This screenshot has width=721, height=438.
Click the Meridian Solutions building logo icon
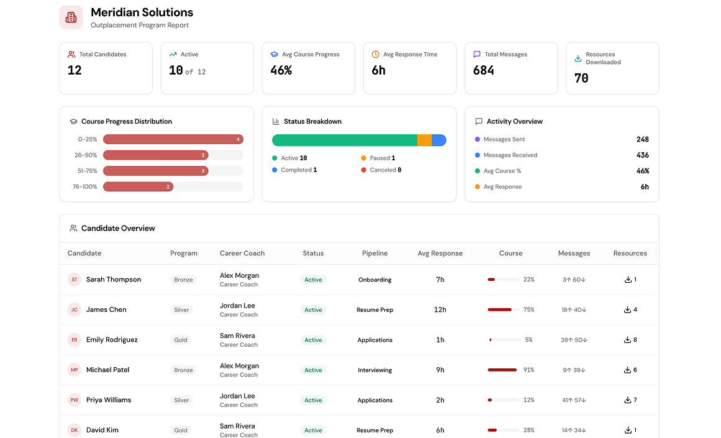coord(71,17)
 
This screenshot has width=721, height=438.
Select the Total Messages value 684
coord(483,70)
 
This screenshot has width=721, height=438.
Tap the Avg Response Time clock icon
coord(375,54)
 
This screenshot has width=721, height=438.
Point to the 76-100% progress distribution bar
coord(138,187)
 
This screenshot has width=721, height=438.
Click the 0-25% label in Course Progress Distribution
coord(88,139)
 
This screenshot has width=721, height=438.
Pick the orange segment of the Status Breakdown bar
coord(424,140)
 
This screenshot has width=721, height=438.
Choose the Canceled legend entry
coord(381,170)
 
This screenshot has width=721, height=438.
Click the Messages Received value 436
coord(642,155)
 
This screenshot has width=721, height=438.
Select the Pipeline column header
coord(374,253)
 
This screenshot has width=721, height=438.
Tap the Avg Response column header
coord(440,253)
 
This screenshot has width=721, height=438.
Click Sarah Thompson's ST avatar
coord(75,280)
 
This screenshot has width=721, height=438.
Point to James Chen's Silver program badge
coord(181,309)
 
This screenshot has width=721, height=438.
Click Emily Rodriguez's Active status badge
coord(313,340)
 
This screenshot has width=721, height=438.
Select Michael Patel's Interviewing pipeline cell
coord(374,370)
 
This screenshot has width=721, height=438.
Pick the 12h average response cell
coord(440,309)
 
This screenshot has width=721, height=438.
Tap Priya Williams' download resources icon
coord(627,400)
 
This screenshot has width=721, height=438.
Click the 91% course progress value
coord(528,370)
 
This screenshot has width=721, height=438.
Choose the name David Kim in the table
coord(102,430)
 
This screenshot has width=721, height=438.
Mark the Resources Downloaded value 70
coord(581,78)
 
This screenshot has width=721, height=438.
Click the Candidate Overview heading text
coord(118,228)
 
